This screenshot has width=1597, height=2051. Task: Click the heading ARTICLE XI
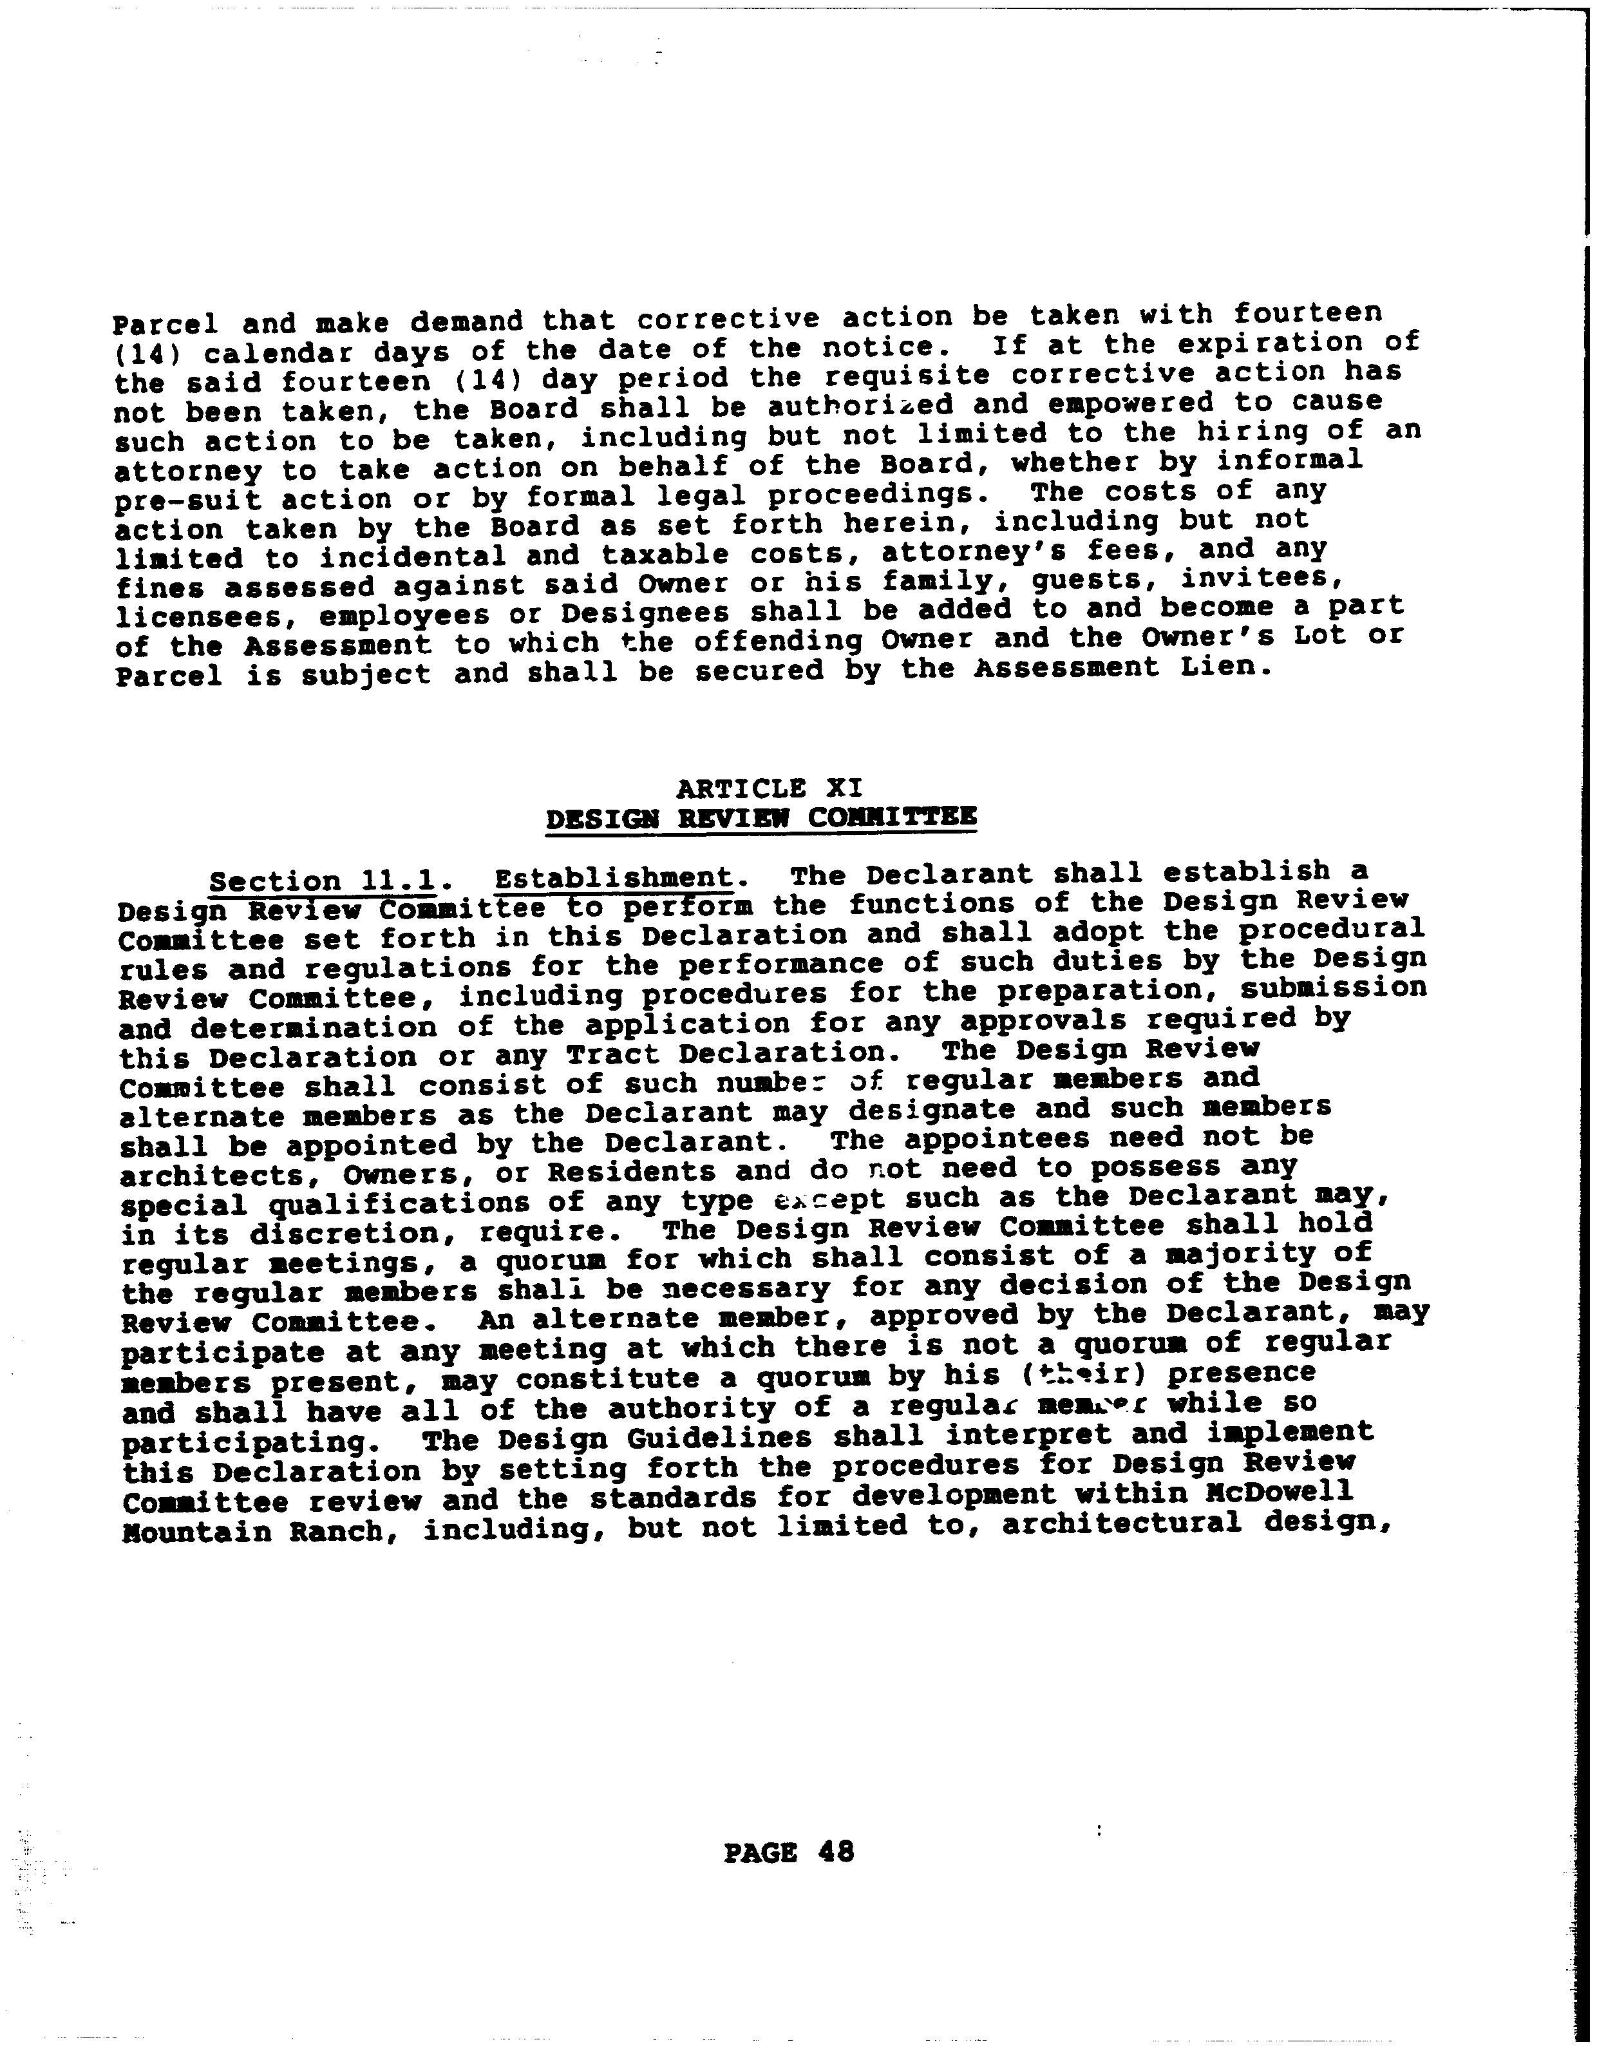[x=769, y=787]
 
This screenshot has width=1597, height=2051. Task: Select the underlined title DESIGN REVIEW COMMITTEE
[x=761, y=818]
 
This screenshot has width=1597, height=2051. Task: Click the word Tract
[x=612, y=1056]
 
